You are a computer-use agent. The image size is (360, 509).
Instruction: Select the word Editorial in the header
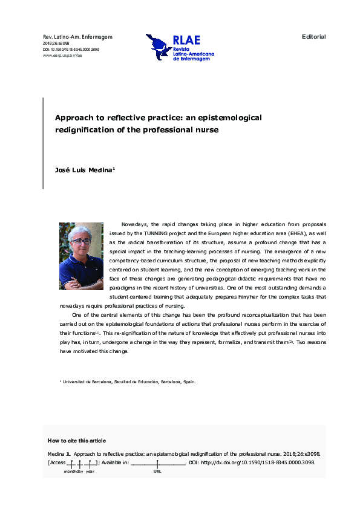point(313,37)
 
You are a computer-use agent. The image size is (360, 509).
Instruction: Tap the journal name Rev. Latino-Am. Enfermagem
point(77,37)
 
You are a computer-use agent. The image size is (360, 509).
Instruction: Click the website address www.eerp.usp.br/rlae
point(62,55)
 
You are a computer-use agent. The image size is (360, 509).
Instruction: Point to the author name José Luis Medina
point(83,170)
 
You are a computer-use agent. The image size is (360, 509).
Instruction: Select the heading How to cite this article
point(76,441)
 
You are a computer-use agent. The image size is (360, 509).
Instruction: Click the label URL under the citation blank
point(157,471)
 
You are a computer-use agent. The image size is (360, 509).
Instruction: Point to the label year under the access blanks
point(90,471)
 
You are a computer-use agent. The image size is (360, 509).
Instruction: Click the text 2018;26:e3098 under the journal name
point(54,44)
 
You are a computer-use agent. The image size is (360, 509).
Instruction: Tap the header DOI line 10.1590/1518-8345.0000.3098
point(71,49)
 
